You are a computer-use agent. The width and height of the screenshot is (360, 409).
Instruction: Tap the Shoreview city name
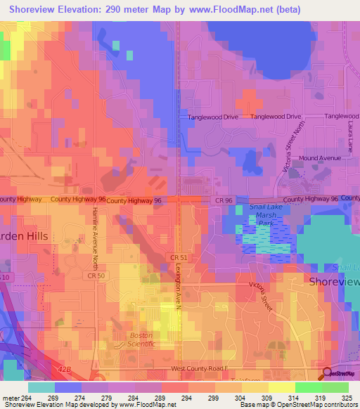[x=334, y=281]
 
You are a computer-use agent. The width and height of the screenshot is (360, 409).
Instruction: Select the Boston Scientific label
[x=141, y=340]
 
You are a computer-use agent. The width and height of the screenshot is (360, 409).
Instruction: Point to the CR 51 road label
[x=179, y=258]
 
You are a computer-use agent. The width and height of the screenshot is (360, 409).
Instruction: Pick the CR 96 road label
[x=224, y=200]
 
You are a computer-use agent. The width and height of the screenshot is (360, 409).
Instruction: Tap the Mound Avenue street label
[x=320, y=158]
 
